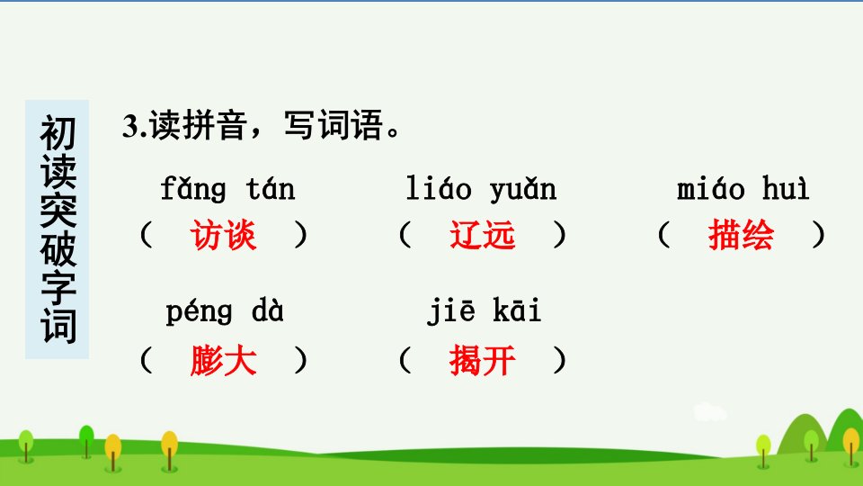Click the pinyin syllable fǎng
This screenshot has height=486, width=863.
pyautogui.click(x=193, y=190)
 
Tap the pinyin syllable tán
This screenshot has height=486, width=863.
pyautogui.click(x=271, y=188)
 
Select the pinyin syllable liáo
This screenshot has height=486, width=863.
pyautogui.click(x=439, y=188)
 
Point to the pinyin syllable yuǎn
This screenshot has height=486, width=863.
pyautogui.click(x=523, y=190)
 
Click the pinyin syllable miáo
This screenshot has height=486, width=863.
pyautogui.click(x=710, y=188)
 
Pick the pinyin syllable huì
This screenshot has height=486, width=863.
pyautogui.click(x=786, y=188)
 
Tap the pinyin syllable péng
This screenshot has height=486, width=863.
pyautogui.click(x=199, y=312)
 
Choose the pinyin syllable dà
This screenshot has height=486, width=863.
pyautogui.click(x=268, y=310)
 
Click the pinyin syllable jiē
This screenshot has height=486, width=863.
pyautogui.click(x=451, y=311)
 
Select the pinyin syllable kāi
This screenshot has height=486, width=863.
pyautogui.click(x=517, y=310)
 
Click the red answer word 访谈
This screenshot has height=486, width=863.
pyautogui.click(x=223, y=235)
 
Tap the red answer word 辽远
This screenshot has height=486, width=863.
pyautogui.click(x=482, y=235)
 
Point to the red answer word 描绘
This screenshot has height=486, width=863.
pyautogui.click(x=741, y=234)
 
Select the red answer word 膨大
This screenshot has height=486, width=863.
pyautogui.click(x=224, y=360)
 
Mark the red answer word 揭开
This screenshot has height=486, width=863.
pyautogui.click(x=482, y=360)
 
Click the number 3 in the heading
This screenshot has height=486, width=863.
pyautogui.click(x=129, y=126)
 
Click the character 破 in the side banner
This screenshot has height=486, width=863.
pyautogui.click(x=58, y=249)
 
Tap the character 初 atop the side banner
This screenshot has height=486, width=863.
pyautogui.click(x=58, y=133)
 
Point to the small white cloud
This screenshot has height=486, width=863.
pyautogui.click(x=709, y=412)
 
